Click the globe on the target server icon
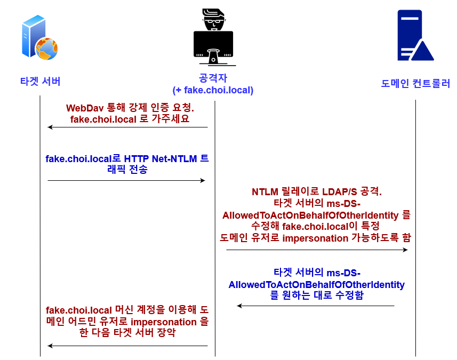pos(46,49)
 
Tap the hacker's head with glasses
pos(214,20)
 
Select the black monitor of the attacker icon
pos(213,44)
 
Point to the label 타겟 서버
pos(40,81)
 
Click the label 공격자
pos(213,78)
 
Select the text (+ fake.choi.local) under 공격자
pos(213,90)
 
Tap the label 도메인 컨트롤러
pos(415,84)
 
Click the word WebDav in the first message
pos(85,108)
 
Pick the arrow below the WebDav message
pos(127,127)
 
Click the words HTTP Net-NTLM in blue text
pos(161,159)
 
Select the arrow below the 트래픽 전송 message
pos(126,180)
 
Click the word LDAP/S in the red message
pos(340,192)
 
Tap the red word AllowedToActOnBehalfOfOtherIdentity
pos(310,215)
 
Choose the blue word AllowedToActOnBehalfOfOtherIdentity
pos(317,284)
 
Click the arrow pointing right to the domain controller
pos(317,250)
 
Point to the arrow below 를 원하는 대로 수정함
pos(316,306)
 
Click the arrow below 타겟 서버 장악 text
pos(127,346)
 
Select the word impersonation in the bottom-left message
pos(164,322)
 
